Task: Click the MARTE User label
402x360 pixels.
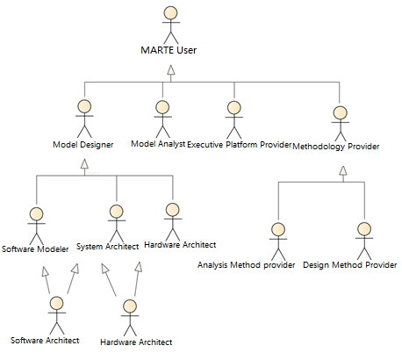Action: (x=169, y=50)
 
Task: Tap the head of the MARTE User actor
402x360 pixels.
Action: (x=170, y=13)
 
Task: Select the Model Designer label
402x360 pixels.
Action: (x=83, y=145)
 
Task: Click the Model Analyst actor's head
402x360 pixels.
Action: (x=162, y=108)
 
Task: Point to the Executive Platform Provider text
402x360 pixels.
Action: (x=240, y=145)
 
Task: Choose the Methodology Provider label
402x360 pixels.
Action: (x=336, y=147)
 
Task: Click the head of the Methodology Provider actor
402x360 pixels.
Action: (x=341, y=113)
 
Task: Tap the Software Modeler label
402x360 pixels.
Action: (x=35, y=249)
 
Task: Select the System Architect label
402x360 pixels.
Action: (x=107, y=247)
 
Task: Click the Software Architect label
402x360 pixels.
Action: (x=45, y=341)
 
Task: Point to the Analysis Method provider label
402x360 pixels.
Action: (x=246, y=265)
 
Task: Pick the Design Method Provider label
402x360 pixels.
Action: (x=350, y=265)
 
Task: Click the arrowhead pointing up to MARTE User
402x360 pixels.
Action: (x=171, y=69)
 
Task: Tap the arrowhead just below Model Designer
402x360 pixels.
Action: (x=84, y=163)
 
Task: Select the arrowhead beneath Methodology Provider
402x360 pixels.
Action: (x=343, y=170)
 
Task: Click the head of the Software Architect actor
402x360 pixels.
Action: (x=57, y=303)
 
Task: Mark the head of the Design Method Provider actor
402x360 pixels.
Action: (x=364, y=229)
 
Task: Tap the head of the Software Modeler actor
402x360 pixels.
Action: (x=36, y=214)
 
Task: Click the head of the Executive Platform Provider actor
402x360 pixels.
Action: (x=234, y=108)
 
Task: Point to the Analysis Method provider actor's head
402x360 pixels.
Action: (x=278, y=229)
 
